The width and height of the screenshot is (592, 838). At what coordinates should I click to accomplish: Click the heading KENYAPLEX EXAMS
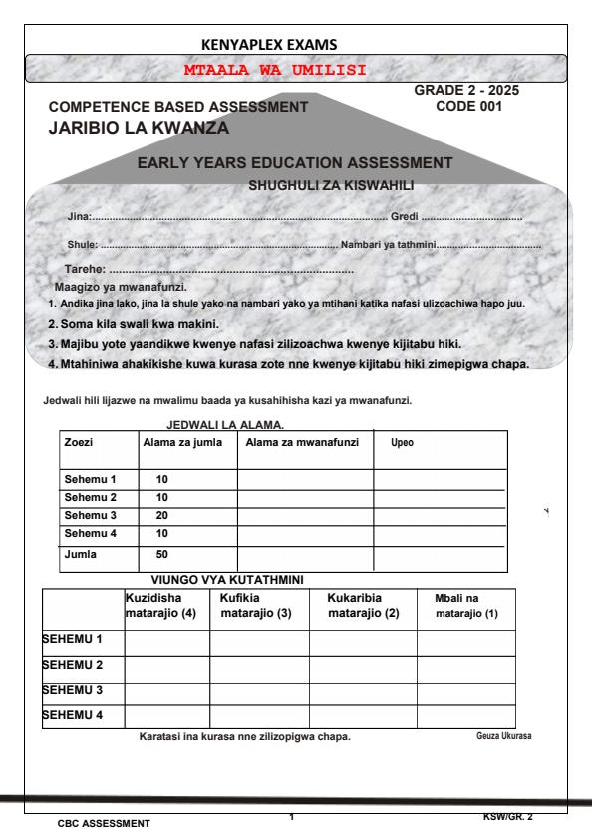pyautogui.click(x=269, y=44)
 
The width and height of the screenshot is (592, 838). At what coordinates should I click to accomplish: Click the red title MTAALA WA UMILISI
pyautogui.click(x=276, y=70)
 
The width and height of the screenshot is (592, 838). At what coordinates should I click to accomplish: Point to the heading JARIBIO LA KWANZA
pyautogui.click(x=140, y=128)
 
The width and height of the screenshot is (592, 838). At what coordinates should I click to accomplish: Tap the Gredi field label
pyautogui.click(x=403, y=216)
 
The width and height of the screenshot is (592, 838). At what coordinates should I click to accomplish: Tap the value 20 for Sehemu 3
pyautogui.click(x=164, y=516)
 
